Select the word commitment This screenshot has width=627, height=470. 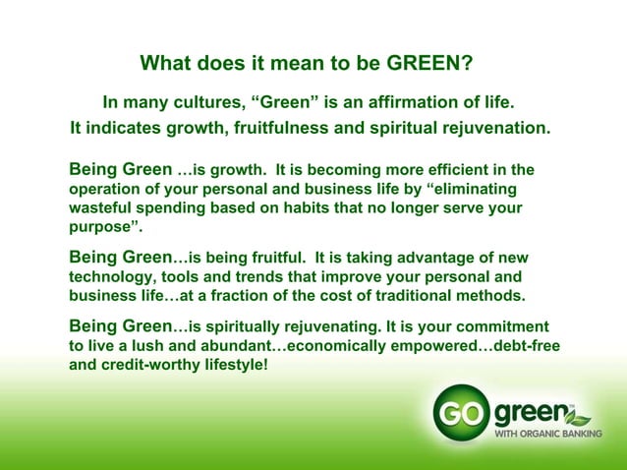[501, 325]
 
